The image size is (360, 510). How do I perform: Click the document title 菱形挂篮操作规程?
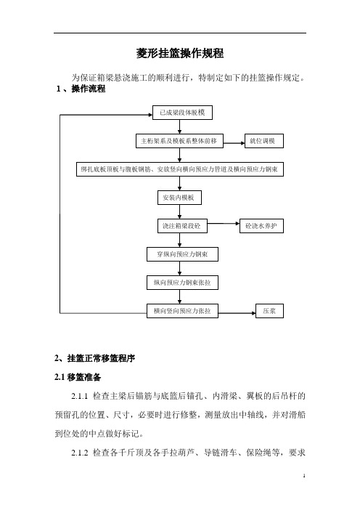180,53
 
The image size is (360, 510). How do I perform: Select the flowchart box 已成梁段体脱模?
182,113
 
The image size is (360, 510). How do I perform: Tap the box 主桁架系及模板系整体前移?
179,141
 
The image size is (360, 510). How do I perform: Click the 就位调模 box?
263,141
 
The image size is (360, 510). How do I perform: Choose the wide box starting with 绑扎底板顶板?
180,169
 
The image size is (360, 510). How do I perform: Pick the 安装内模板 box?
179,198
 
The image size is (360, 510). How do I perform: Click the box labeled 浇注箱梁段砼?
182,226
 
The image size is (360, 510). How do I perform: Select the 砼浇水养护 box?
261,226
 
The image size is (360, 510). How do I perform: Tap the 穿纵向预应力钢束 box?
182,254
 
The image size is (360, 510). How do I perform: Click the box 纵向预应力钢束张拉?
182,283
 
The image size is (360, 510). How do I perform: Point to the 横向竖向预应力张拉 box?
182,311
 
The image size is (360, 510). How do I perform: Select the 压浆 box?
269,311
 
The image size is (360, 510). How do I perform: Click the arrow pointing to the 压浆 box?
237,313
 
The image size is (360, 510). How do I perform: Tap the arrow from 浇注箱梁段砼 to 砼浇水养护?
224,224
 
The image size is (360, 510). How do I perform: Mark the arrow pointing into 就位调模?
234,143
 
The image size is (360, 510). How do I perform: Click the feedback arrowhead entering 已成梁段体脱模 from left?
150,115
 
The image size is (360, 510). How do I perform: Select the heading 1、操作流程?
81,89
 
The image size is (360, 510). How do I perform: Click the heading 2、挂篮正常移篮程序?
94,358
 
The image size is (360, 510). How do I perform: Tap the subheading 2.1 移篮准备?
78,377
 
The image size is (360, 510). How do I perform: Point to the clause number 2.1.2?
80,453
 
